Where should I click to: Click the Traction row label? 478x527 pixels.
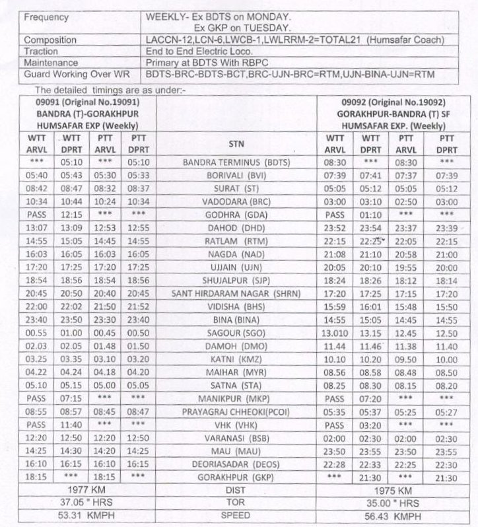41,51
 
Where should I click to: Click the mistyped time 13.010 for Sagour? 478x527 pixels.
336,332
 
